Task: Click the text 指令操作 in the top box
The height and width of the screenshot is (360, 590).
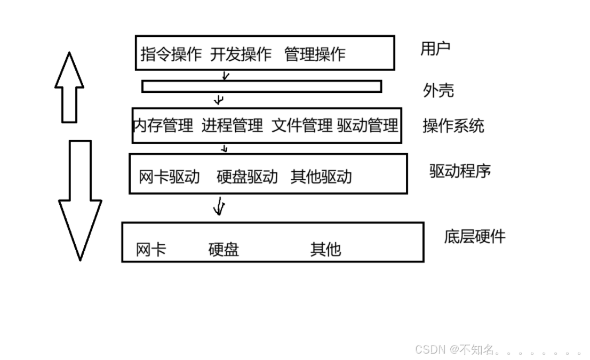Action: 171,54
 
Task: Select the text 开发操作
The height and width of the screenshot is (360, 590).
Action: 241,54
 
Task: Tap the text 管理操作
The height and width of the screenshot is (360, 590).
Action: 315,54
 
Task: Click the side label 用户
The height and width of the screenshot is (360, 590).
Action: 435,49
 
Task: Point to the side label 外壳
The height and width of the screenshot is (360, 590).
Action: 438,91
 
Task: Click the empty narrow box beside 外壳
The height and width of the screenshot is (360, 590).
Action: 261,86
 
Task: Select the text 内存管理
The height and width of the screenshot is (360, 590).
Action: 163,126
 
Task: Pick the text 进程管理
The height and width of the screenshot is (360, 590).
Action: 232,126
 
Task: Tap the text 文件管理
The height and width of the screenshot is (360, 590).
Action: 302,126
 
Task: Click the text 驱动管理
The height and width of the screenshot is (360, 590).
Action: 368,126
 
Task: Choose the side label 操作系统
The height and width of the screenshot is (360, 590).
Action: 453,126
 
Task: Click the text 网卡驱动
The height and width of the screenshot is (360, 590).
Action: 169,177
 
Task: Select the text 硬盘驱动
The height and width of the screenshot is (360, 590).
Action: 247,177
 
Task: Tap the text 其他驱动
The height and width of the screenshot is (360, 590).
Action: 321,177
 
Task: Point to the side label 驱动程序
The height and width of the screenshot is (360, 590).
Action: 460,171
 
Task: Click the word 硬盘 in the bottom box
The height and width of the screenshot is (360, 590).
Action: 224,249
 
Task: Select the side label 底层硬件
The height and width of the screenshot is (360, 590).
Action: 474,237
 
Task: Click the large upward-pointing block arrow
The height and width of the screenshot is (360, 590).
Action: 69,88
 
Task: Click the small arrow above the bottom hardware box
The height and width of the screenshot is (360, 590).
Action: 218,206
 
